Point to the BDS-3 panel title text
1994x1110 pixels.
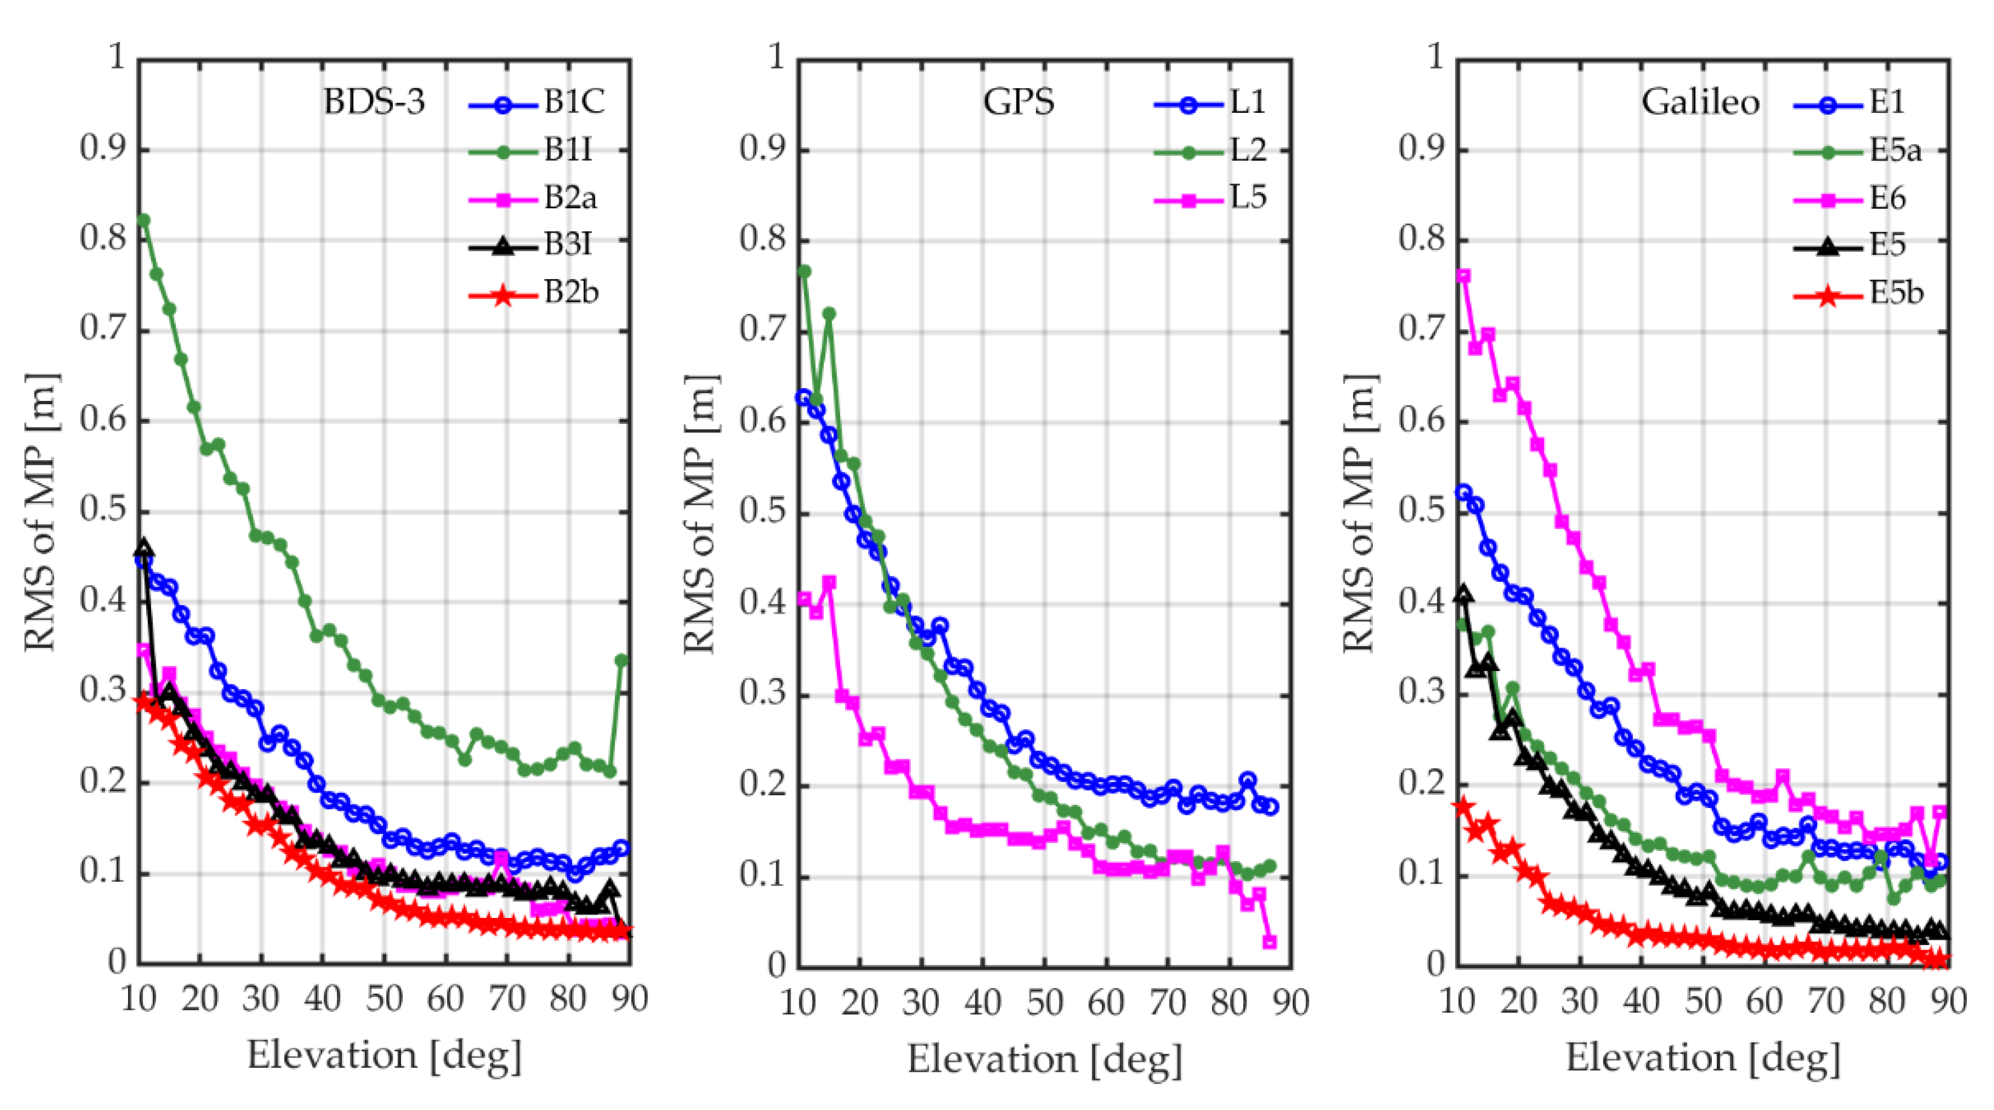(374, 102)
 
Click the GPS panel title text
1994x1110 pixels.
(1018, 102)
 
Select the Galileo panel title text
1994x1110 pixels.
(1700, 102)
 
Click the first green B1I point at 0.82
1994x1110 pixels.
(143, 220)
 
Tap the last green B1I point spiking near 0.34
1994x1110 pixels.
(622, 659)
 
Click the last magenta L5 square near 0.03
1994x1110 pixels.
(1270, 942)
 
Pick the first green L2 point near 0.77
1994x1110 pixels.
(804, 271)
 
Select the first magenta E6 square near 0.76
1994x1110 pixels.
(1463, 275)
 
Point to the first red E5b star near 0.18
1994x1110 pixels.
(1462, 807)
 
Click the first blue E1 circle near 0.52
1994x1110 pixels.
(1463, 492)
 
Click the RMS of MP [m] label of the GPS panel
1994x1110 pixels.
(701, 513)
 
